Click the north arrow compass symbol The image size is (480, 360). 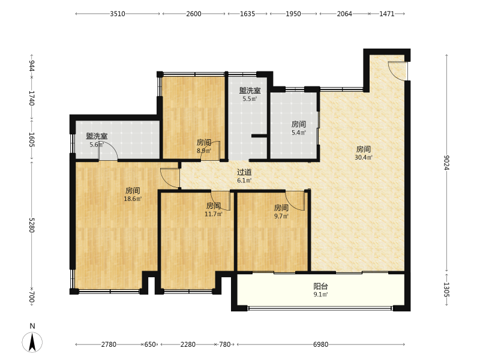pyautogui.click(x=32, y=341)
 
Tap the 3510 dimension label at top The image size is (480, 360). pyautogui.click(x=118, y=14)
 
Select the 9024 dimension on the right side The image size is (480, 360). pyautogui.click(x=446, y=163)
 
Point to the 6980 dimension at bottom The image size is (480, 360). pyautogui.click(x=320, y=344)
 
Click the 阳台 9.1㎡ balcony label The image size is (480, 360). pyautogui.click(x=320, y=290)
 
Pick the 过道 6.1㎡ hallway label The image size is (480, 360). pyautogui.click(x=244, y=176)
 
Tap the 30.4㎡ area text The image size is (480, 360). pyautogui.click(x=364, y=157)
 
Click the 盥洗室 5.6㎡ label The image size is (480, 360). pyautogui.click(x=97, y=140)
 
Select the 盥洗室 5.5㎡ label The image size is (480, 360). pyautogui.click(x=250, y=94)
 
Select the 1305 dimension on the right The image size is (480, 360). pyautogui.click(x=446, y=290)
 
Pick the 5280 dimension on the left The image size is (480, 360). pyautogui.click(x=32, y=225)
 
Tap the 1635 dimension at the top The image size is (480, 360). pyautogui.click(x=247, y=14)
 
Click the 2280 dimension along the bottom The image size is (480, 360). pyautogui.click(x=188, y=344)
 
